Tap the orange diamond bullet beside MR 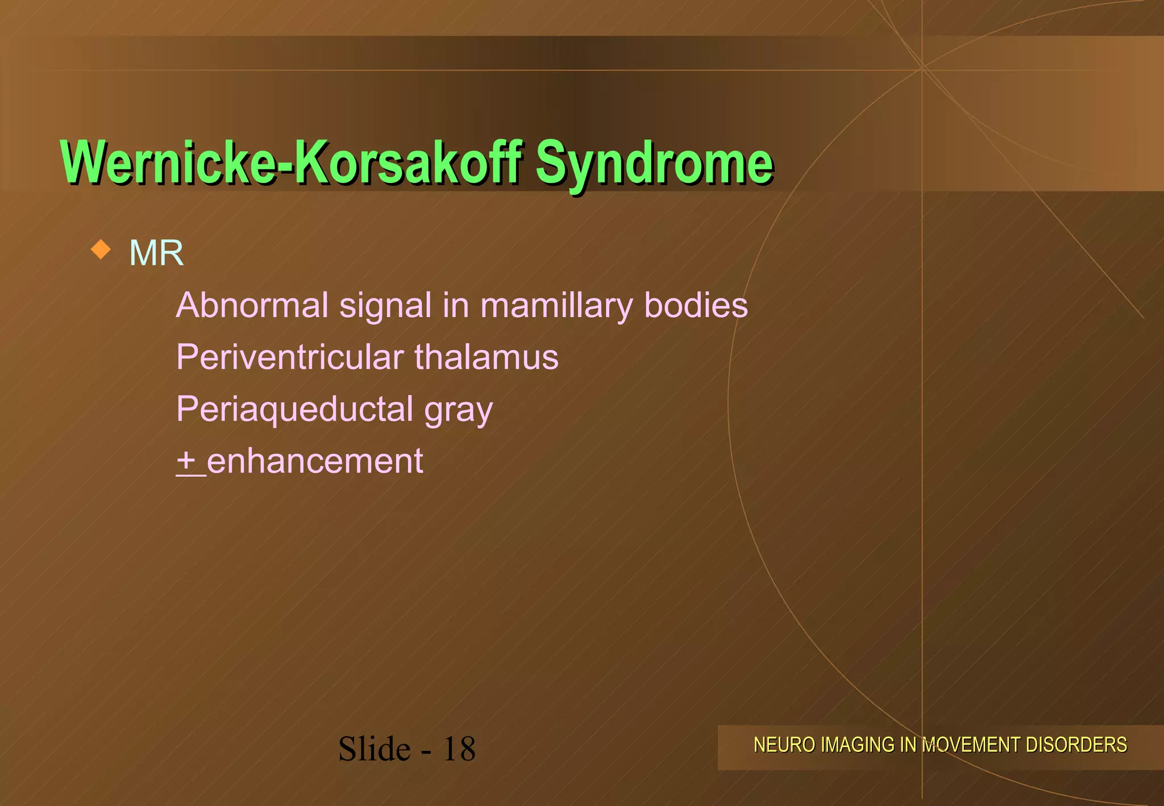point(101,249)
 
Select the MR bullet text point(156,252)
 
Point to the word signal point(385,305)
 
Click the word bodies point(696,305)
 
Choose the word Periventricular point(290,357)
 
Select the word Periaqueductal point(294,409)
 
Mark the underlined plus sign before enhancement point(186,460)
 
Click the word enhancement point(315,461)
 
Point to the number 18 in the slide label point(459,749)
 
